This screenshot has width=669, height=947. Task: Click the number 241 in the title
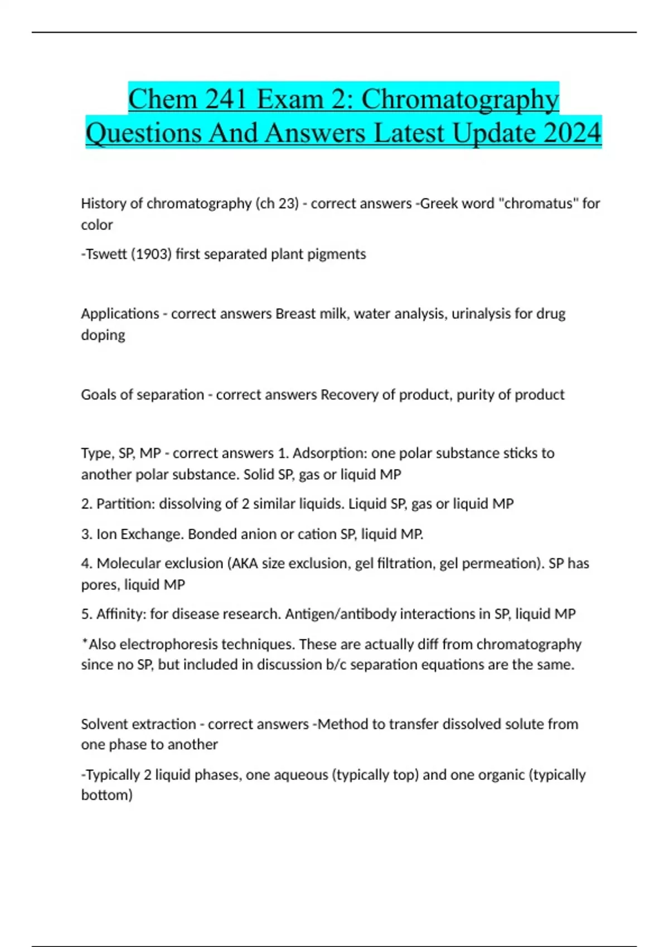point(226,100)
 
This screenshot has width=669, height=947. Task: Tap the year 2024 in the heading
point(571,133)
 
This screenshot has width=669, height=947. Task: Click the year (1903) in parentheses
point(151,254)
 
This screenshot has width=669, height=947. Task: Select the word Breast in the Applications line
point(295,314)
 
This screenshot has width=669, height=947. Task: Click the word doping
point(103,335)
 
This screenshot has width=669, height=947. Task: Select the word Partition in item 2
point(125,504)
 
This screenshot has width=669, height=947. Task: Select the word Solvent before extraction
point(103,724)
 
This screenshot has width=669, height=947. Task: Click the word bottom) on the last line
point(107,795)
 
